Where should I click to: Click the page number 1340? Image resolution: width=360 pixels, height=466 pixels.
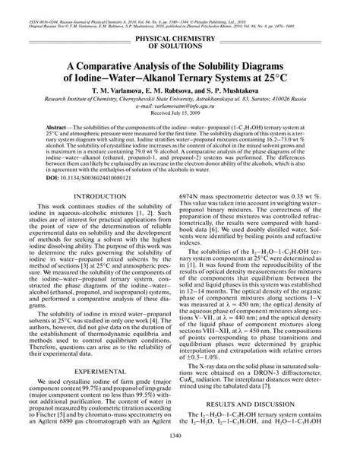tap(180, 457)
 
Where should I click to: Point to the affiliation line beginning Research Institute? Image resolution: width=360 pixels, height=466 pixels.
tap(180, 100)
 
